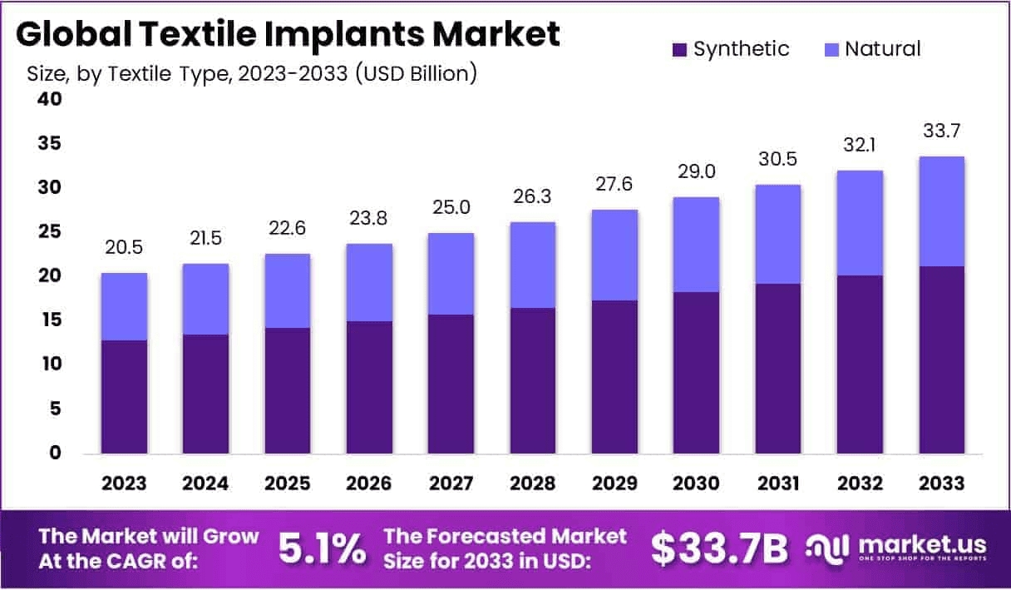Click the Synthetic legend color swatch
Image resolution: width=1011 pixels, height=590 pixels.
tap(679, 50)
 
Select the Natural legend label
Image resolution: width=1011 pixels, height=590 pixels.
tap(882, 49)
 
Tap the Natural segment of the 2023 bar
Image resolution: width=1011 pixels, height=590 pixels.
tap(124, 306)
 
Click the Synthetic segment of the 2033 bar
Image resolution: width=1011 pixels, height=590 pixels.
tap(941, 359)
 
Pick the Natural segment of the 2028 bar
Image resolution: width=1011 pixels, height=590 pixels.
tap(533, 265)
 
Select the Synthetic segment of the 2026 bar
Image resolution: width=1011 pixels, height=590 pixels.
tap(369, 387)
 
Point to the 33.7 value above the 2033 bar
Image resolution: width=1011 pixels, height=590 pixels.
tap(941, 131)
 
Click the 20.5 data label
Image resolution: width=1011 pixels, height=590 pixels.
tap(124, 248)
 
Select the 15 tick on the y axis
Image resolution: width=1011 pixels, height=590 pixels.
tap(48, 320)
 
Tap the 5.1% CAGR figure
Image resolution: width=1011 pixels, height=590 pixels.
tap(322, 548)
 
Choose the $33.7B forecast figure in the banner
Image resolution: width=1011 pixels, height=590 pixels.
tap(718, 548)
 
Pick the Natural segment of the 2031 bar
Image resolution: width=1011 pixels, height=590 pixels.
tap(777, 234)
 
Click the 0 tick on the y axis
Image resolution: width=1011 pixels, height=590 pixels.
tap(54, 454)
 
